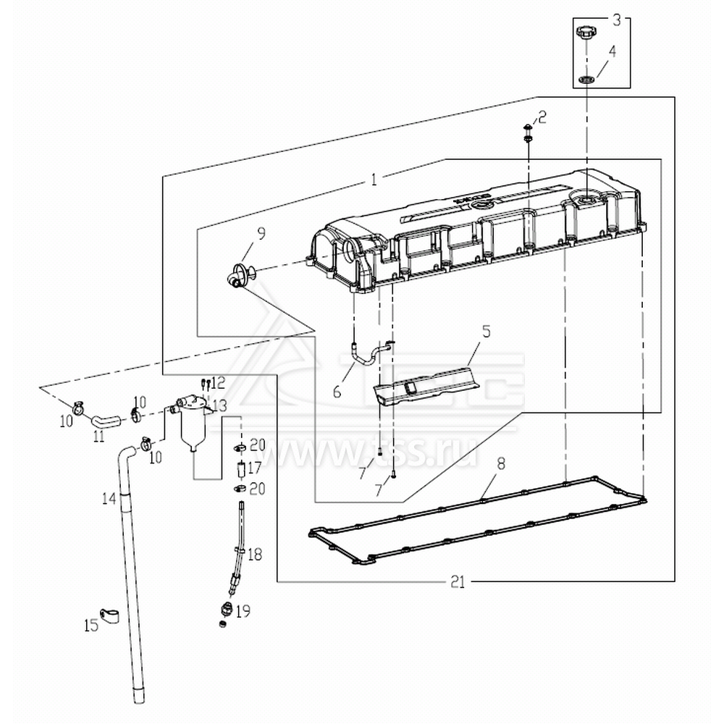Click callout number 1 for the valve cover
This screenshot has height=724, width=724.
374,179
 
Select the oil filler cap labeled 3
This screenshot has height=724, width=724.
586,33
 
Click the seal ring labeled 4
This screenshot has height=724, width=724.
586,77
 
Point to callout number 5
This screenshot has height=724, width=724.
486,332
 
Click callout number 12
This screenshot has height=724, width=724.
218,382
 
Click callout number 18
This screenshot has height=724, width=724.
254,555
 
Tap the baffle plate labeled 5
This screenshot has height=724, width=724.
427,384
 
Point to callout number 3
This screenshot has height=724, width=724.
616,20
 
